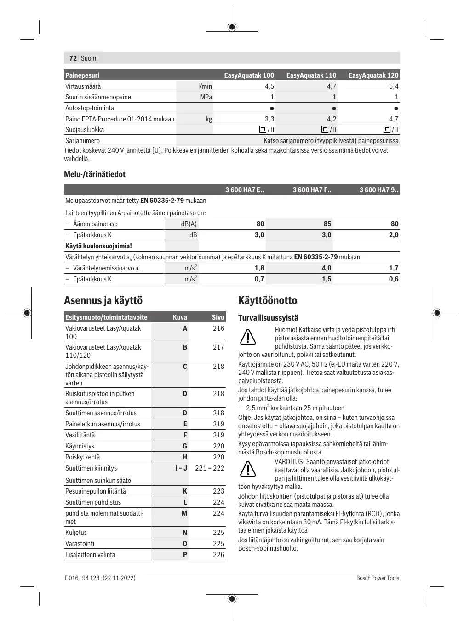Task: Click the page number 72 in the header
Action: tap(73, 58)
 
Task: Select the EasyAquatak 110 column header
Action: tap(311, 75)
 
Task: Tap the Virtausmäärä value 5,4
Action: tap(394, 86)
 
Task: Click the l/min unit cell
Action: tap(205, 86)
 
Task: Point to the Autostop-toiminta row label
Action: tap(90, 108)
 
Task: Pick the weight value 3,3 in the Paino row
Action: tap(269, 119)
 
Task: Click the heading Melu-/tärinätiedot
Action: tap(95, 174)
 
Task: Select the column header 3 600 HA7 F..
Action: tap(312, 190)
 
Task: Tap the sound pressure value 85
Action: tap(327, 224)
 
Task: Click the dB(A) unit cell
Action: tap(189, 224)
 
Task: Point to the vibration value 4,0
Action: tap(327, 268)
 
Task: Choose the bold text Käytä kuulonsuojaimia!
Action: tap(99, 246)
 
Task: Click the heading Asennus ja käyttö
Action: tap(103, 301)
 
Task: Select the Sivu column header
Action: tap(218, 317)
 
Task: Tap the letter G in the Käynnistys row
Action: tap(185, 446)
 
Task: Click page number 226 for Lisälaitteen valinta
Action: tap(218, 555)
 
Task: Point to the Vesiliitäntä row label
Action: tap(80, 435)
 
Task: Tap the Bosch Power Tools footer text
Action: tap(378, 578)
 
